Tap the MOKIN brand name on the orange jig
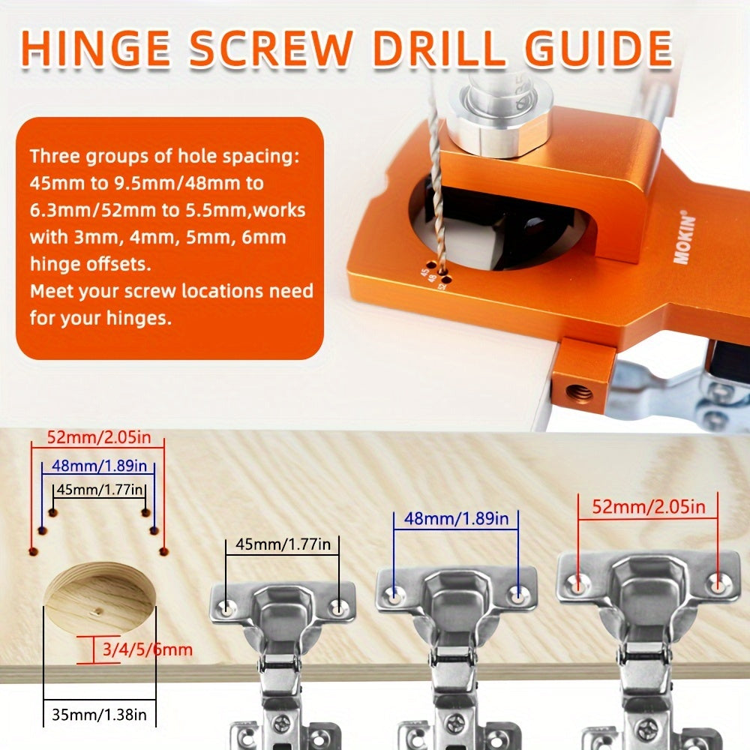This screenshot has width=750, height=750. [x=683, y=240]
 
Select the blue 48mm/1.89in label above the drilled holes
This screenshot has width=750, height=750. [x=97, y=466]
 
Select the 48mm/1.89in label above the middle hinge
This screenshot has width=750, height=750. [x=456, y=518]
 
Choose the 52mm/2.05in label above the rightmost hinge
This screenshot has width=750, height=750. [x=649, y=507]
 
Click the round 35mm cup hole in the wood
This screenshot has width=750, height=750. [x=99, y=598]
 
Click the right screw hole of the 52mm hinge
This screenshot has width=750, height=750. [x=718, y=581]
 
